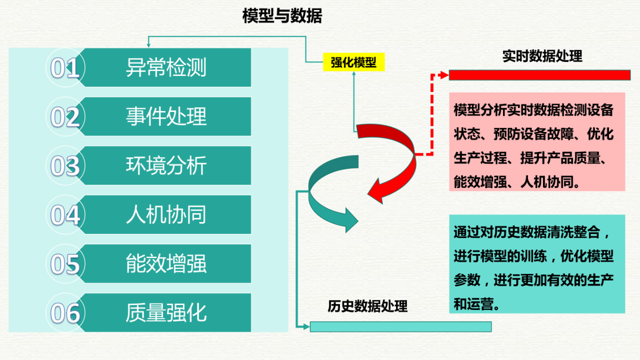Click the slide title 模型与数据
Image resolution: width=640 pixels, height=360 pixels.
click(x=282, y=15)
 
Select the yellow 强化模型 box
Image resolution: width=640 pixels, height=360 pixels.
click(x=353, y=62)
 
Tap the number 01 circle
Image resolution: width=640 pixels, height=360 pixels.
click(x=65, y=67)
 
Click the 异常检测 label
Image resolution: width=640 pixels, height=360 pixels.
click(x=166, y=67)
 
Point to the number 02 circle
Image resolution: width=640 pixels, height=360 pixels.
click(x=65, y=116)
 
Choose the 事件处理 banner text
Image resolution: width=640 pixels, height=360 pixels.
click(x=166, y=116)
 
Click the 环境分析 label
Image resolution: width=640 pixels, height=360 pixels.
click(x=166, y=165)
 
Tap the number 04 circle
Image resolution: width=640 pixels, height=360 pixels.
click(x=65, y=214)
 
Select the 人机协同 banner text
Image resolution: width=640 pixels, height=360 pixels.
click(x=166, y=214)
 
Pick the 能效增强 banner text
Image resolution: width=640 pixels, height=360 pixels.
click(x=166, y=263)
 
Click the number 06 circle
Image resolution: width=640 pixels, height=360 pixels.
click(x=65, y=312)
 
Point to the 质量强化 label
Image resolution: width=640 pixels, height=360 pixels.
click(x=166, y=312)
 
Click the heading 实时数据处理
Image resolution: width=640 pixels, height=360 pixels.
click(x=542, y=56)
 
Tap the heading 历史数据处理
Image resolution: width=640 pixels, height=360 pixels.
click(x=367, y=306)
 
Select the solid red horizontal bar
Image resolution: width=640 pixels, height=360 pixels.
click(x=539, y=75)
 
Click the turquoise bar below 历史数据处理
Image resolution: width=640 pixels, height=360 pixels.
click(x=400, y=326)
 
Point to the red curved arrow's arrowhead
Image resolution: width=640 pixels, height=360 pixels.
click(x=376, y=191)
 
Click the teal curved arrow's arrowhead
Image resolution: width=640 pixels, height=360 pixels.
click(x=351, y=220)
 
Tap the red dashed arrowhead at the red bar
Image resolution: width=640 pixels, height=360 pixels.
click(x=443, y=75)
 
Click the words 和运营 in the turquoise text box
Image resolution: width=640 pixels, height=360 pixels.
click(x=473, y=304)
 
